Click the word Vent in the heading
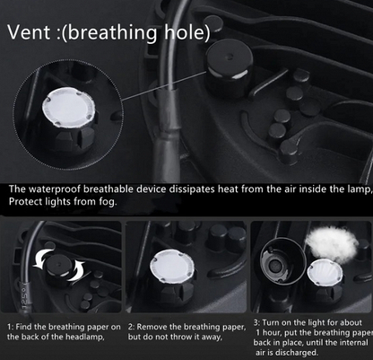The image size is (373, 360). point(29,31)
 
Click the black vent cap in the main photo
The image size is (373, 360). point(229,68)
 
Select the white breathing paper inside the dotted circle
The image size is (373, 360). point(69,107)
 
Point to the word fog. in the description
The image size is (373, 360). point(107,202)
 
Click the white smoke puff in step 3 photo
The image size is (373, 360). point(332,244)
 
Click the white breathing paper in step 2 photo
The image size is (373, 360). point(171,266)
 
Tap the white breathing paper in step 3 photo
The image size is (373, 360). point(325,271)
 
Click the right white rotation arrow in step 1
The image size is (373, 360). point(76,271)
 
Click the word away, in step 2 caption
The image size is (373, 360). point(212,338)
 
